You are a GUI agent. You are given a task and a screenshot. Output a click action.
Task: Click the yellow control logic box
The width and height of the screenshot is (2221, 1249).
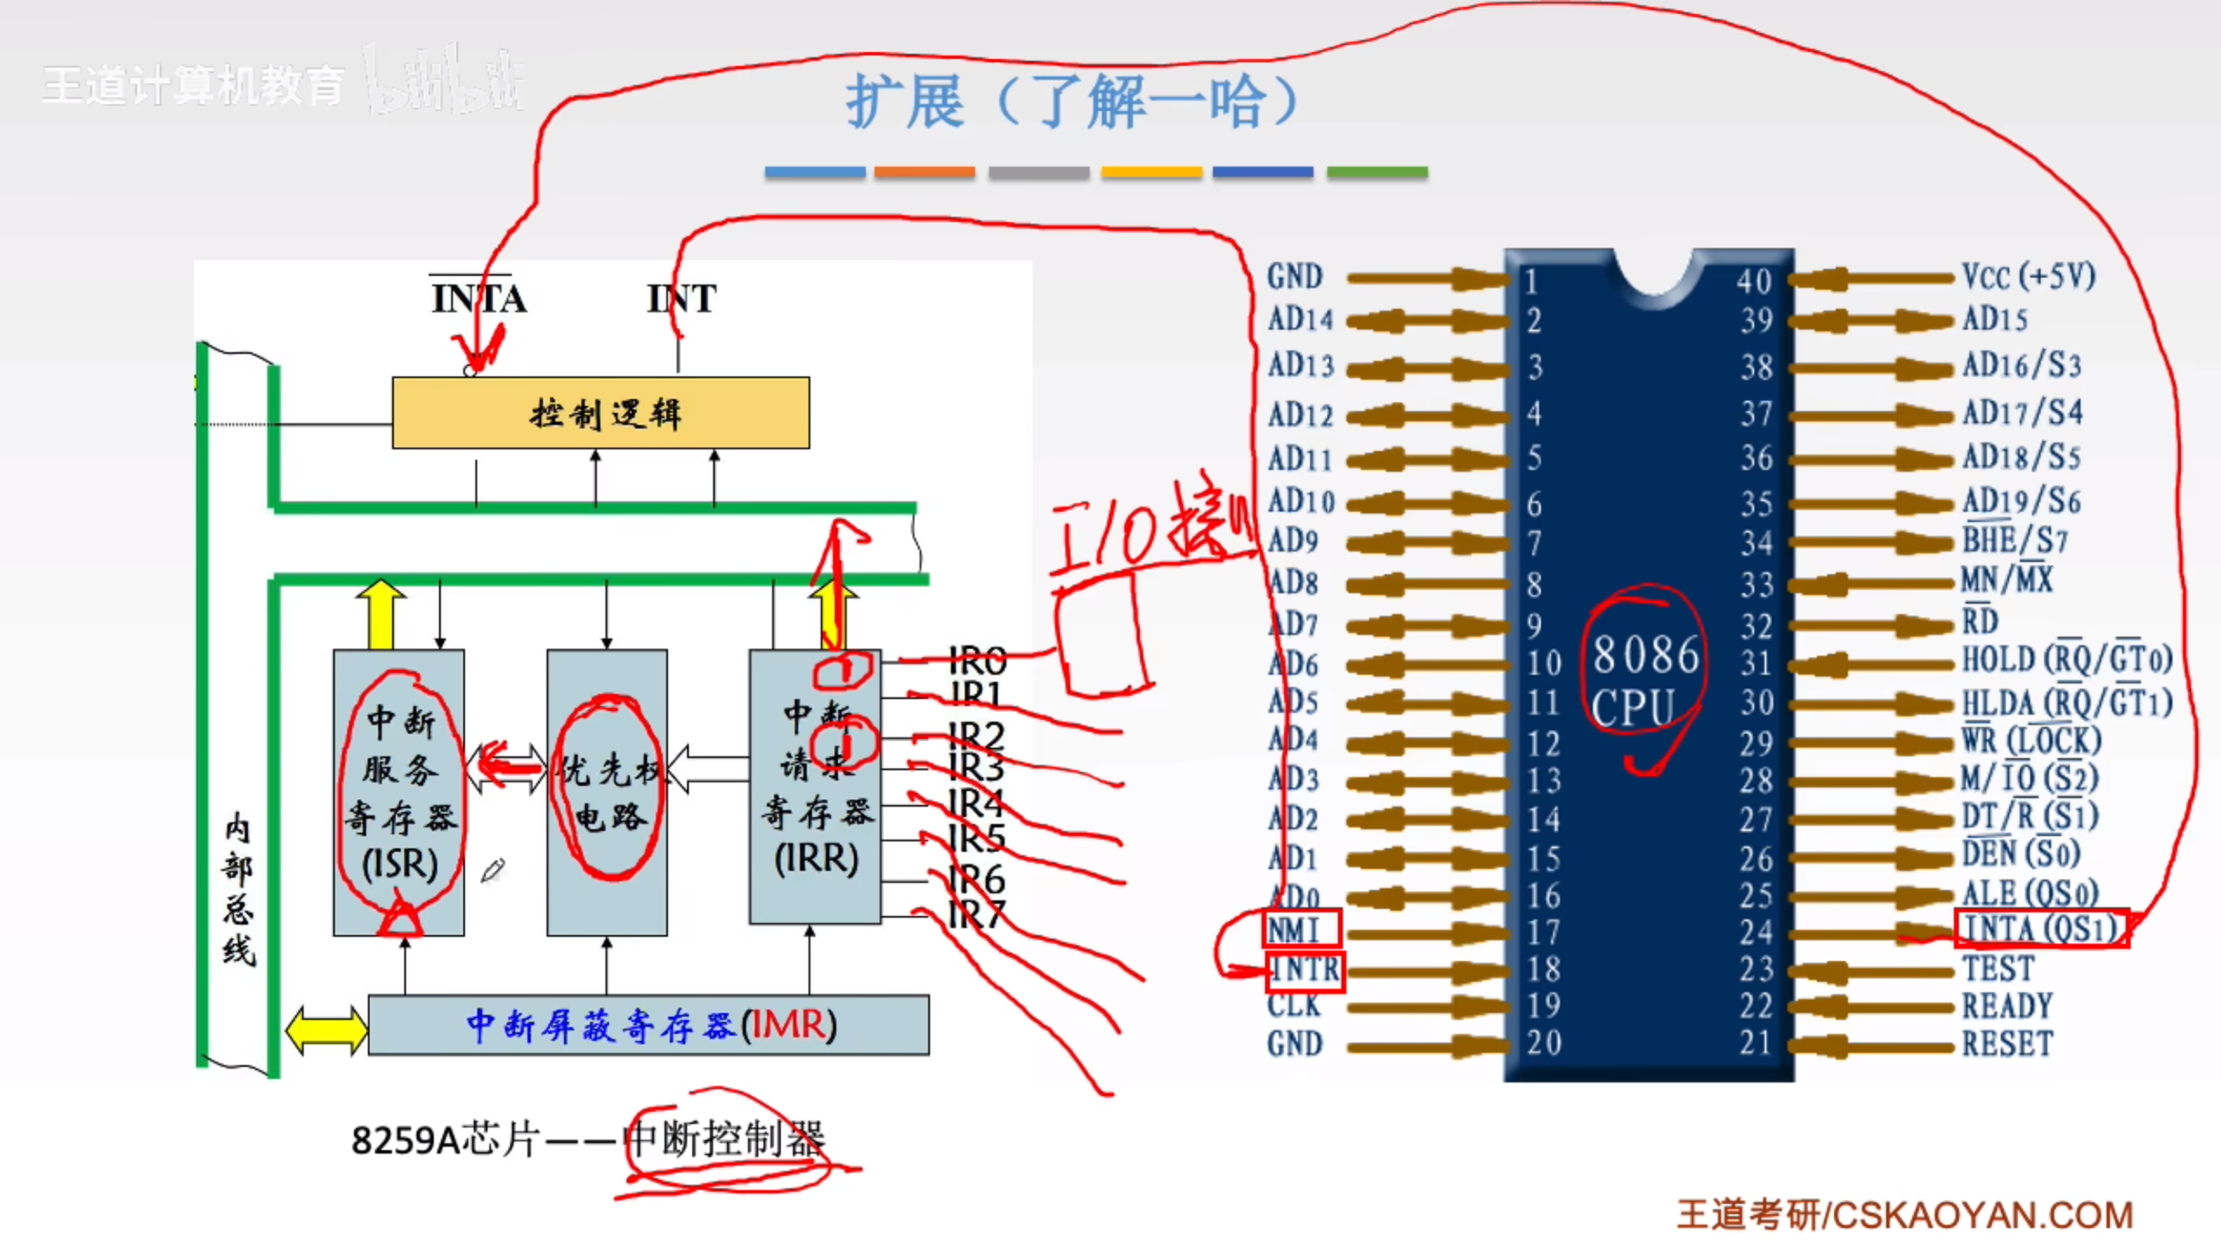pos(600,413)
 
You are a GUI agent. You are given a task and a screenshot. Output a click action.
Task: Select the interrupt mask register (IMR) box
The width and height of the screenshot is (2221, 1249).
pos(649,1025)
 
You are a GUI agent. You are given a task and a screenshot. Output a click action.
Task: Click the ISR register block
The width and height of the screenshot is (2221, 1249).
pos(399,792)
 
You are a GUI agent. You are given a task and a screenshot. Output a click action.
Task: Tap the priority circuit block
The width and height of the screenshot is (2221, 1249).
pos(607,792)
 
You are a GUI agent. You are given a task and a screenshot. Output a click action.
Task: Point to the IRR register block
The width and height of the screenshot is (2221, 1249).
pos(816,786)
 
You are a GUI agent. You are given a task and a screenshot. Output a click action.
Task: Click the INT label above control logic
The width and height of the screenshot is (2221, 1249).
pos(682,299)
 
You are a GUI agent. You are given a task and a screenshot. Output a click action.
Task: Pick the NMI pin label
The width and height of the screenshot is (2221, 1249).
pos(1294,930)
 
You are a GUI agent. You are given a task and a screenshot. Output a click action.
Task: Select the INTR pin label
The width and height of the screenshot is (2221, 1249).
pos(1305,969)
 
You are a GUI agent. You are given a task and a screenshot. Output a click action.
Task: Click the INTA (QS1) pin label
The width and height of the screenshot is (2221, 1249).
pos(2041,929)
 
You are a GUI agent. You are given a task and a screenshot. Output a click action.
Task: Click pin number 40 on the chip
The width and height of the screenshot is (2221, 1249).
pos(1753,281)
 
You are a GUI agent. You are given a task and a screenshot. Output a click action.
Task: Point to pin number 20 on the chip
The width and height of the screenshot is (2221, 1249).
pos(1544,1043)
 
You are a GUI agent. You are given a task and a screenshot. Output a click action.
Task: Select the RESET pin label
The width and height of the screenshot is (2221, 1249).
pos(2008,1043)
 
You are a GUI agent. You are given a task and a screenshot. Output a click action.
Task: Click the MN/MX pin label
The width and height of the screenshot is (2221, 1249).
pos(2007,579)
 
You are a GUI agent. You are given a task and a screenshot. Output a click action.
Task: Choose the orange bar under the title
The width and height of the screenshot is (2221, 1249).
pos(924,172)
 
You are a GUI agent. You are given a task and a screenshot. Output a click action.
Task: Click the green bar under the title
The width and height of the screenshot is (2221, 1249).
pos(1377,172)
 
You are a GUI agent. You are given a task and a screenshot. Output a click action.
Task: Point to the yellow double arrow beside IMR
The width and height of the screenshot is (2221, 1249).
pos(326,1030)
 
